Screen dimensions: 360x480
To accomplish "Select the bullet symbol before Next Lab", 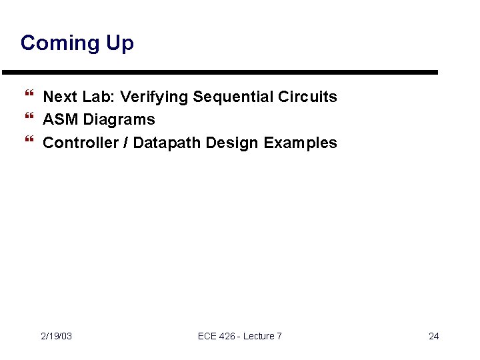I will [28, 97].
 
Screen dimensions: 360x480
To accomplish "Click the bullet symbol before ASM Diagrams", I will [28, 120].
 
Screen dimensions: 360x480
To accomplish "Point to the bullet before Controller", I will [28, 143].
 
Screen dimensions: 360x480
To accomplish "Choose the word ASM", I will [61, 120].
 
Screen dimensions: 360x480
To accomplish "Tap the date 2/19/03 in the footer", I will [56, 336].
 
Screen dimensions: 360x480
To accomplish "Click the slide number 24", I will [433, 336].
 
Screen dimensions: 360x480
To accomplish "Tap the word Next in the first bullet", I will [60, 97].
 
